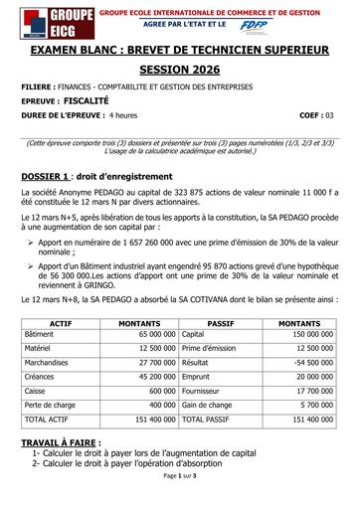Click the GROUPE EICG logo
pos(44,23)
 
